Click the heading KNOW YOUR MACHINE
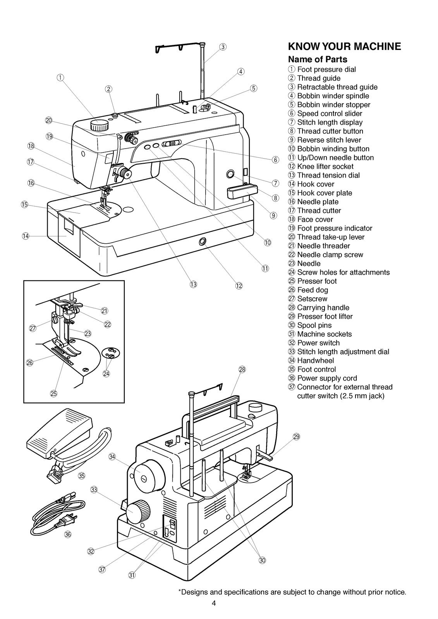(x=344, y=47)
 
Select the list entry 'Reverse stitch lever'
(x=329, y=140)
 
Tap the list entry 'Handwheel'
(x=315, y=361)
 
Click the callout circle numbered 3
(x=223, y=47)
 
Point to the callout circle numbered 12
(x=239, y=286)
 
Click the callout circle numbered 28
(x=242, y=369)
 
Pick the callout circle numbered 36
(x=68, y=534)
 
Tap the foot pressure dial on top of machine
(x=100, y=125)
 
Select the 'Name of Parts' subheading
(x=318, y=60)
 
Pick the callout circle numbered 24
(x=106, y=373)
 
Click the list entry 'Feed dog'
(x=312, y=290)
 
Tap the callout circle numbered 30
(x=263, y=560)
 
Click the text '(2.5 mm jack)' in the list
(x=340, y=396)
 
